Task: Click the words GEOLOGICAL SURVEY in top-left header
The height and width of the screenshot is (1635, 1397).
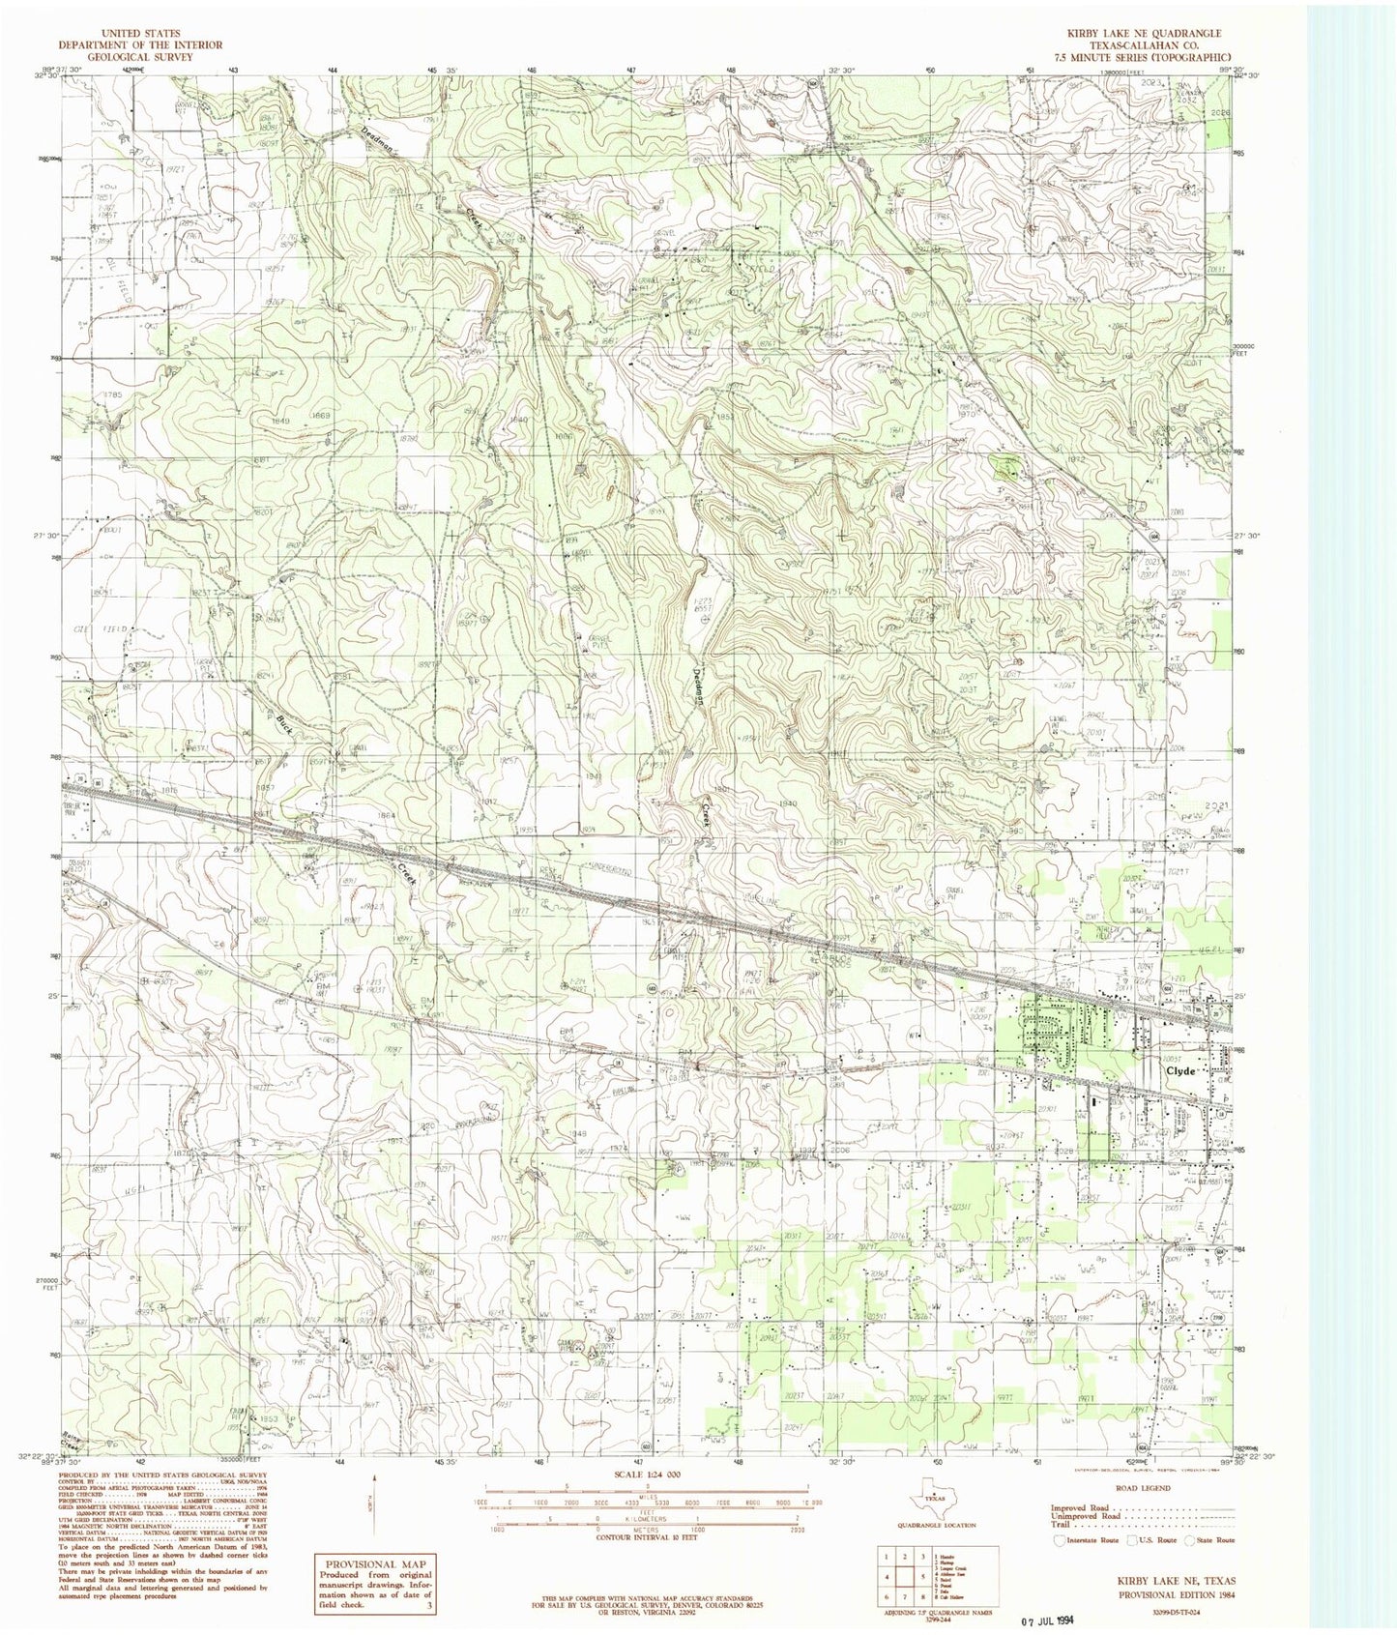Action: (140, 56)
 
